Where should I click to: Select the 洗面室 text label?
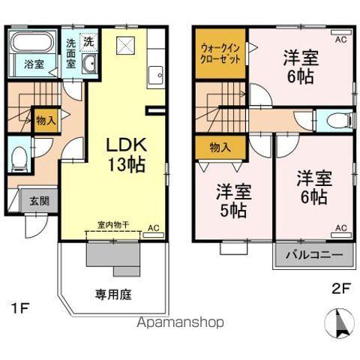(x=70, y=53)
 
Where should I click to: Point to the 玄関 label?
(x=39, y=200)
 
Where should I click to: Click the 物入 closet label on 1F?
(x=45, y=120)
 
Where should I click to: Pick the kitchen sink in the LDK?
(x=156, y=74)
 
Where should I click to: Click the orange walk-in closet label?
(x=220, y=53)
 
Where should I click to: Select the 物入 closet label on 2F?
(x=219, y=147)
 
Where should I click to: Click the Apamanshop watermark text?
(x=178, y=323)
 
